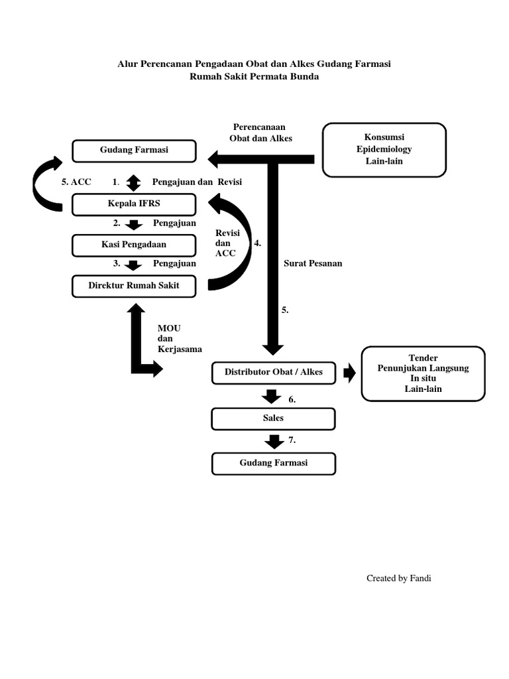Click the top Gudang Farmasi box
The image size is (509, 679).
[x=134, y=151]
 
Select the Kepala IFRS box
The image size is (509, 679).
[x=134, y=204]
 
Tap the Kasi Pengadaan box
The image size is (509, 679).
[x=134, y=245]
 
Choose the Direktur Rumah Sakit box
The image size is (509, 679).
[x=134, y=286]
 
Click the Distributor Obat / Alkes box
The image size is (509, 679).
[x=273, y=372]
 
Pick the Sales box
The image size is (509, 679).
[x=273, y=419]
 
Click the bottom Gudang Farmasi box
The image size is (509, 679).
[x=273, y=463]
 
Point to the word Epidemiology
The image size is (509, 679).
[x=384, y=149]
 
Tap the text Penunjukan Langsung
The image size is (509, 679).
[x=423, y=368]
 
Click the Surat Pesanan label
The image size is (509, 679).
[x=313, y=263]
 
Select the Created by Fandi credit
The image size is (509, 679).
[x=399, y=578]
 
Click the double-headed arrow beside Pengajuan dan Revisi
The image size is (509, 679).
[x=134, y=181]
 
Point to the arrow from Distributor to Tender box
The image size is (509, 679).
[x=349, y=373]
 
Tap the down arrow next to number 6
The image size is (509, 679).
[x=270, y=397]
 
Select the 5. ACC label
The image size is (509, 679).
[x=76, y=182]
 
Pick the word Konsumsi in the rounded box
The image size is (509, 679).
[x=384, y=137]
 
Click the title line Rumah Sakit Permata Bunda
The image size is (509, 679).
[x=254, y=76]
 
